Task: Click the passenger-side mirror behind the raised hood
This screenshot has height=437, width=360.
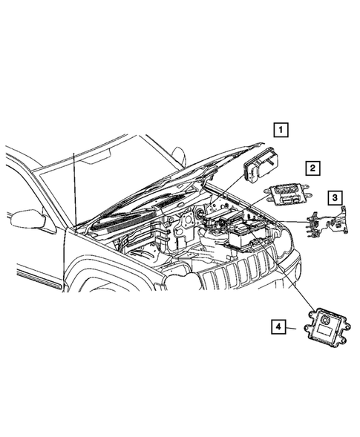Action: coord(179,156)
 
